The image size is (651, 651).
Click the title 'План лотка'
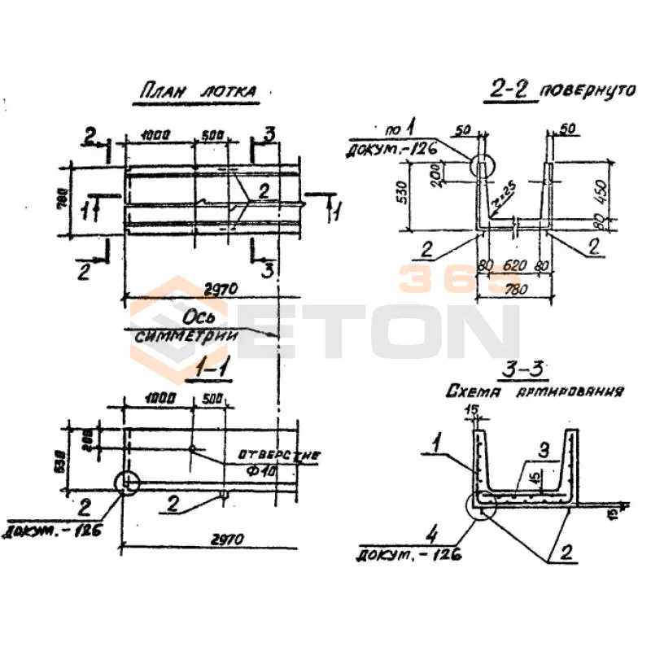194,91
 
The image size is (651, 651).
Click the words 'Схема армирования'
535,392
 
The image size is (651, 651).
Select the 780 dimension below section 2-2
513,287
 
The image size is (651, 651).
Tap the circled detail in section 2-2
480,167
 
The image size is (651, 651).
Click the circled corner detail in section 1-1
128,483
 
